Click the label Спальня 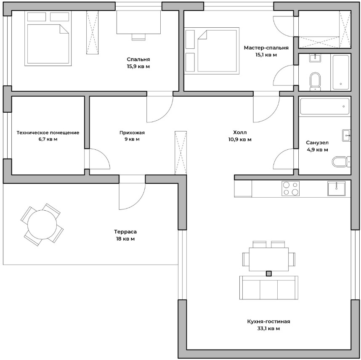tap(138, 59)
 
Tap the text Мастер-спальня tap(266, 48)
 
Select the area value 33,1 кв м tap(268, 328)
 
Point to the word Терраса tap(125, 232)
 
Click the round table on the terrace tap(42, 225)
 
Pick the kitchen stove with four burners tap(290, 188)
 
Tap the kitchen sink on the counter tap(336, 188)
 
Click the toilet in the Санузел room tap(341, 162)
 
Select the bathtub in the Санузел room tap(325, 106)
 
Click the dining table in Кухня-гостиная tap(269, 259)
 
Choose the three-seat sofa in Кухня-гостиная tap(269, 288)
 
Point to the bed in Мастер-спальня tap(217, 51)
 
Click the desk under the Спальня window tap(138, 22)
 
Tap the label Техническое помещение tap(48, 132)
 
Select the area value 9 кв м tap(132, 139)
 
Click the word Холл tap(240, 132)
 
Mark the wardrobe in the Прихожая tap(181, 153)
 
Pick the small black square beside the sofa tap(269, 273)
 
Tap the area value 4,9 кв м tap(317, 150)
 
